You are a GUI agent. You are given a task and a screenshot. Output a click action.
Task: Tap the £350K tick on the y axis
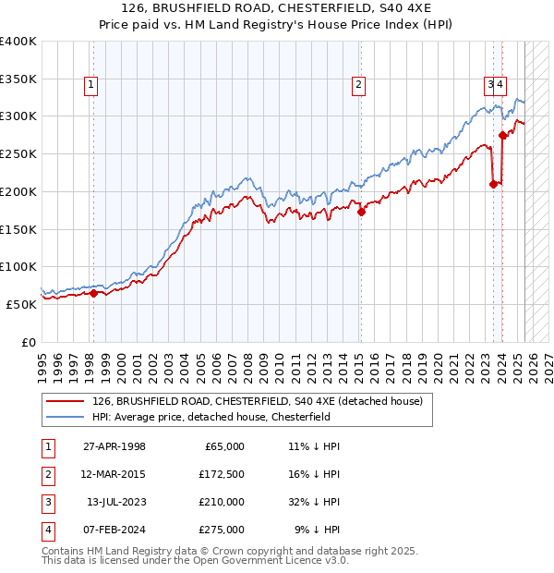coord(18,79)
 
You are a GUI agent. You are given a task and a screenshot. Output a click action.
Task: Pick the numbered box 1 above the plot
coord(92,86)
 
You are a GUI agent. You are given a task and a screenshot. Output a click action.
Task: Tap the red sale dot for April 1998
coord(93,293)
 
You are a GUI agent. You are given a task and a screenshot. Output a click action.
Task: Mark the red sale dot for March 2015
coord(361,212)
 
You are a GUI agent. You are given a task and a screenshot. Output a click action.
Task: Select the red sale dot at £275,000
coord(502,135)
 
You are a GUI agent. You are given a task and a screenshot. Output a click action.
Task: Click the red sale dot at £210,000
coord(493,184)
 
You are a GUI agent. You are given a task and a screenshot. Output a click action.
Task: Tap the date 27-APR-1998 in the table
coord(114,446)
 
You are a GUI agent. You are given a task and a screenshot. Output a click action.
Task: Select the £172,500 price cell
coord(222,474)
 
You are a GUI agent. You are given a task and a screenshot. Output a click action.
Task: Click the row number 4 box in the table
coord(46,530)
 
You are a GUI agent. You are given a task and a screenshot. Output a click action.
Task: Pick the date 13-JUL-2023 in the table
coord(116,502)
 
